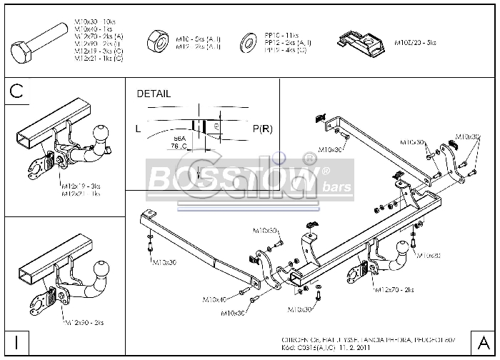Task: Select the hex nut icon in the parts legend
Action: pyautogui.click(x=155, y=39)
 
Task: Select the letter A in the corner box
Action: pyautogui.click(x=482, y=341)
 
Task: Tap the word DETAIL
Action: pyautogui.click(x=153, y=94)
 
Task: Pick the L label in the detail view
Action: pyautogui.click(x=137, y=129)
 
